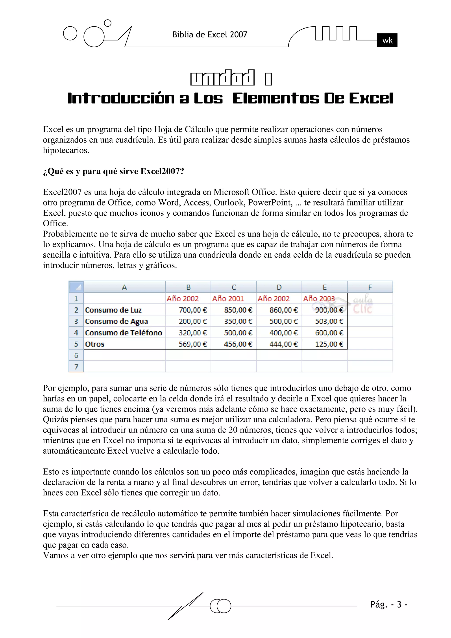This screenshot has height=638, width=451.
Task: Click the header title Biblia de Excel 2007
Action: coord(210,35)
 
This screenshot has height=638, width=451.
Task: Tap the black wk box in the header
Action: coord(387,40)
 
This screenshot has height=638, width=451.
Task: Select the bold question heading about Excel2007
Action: coord(113,171)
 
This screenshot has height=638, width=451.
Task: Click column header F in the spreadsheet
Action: coord(370,287)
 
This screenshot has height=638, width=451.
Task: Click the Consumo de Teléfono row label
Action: coord(124,333)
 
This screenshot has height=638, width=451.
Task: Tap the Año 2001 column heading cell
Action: coord(228,299)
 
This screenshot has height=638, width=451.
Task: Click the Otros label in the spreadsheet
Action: coord(95,344)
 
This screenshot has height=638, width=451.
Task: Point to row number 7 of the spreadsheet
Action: coord(76,367)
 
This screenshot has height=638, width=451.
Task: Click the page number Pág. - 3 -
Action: coord(388,604)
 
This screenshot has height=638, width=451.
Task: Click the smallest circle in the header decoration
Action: coord(107,23)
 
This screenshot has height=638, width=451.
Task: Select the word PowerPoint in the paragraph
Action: coord(270,203)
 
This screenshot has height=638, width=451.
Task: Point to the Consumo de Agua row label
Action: coord(116,321)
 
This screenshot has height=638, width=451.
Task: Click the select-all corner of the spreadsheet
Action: coord(76,287)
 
